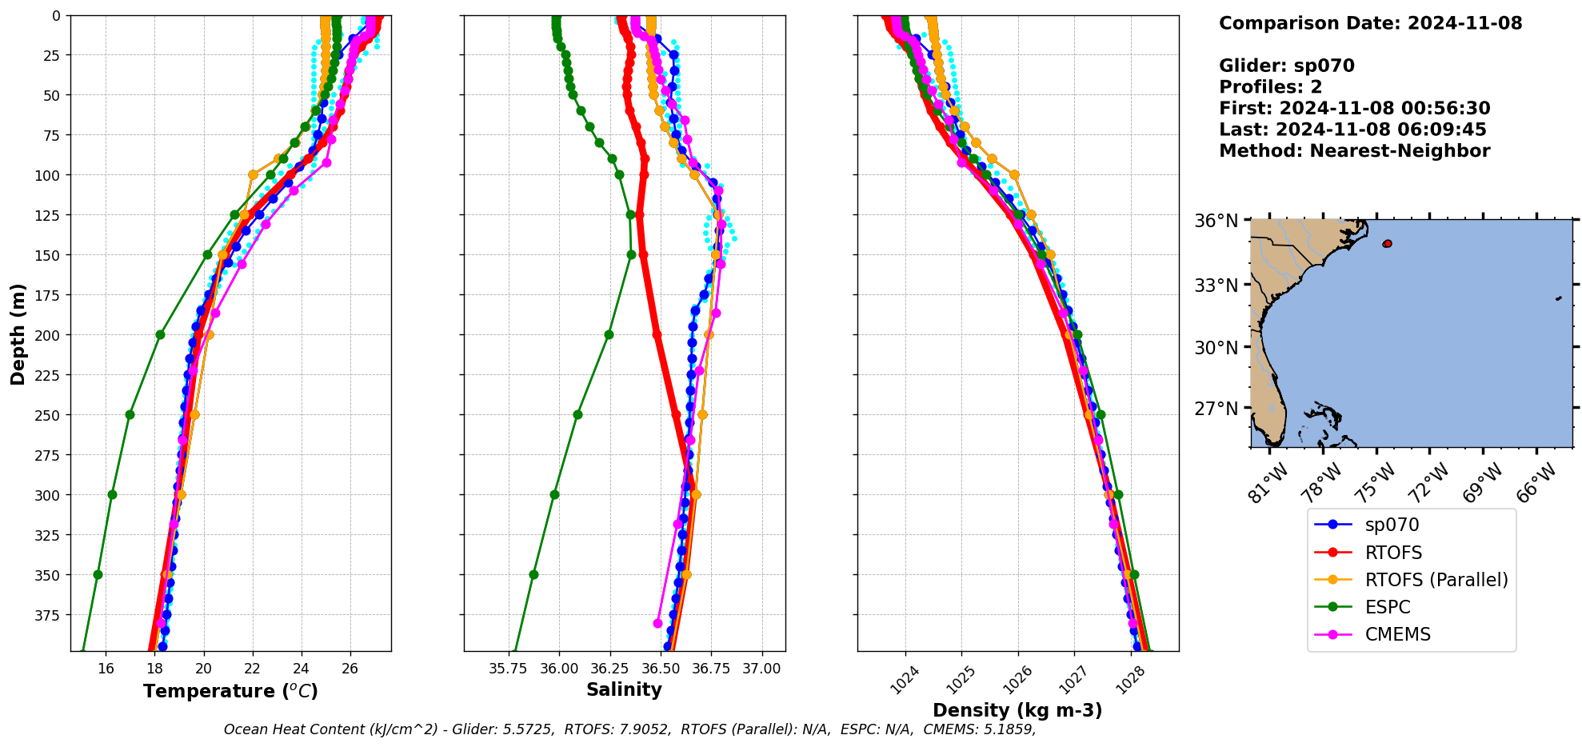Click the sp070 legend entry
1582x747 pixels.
[x=1392, y=525]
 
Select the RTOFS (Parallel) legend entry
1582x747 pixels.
[x=1436, y=580]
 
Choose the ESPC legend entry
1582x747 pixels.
[x=1388, y=607]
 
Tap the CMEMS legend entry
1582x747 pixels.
[x=1397, y=634]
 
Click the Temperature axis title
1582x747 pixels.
[x=230, y=691]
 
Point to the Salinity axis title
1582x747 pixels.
[x=624, y=690]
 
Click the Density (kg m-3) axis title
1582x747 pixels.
[x=1017, y=710]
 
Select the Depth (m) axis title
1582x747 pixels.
[x=18, y=334]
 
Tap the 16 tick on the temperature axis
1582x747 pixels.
[x=106, y=669]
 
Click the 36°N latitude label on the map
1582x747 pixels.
[x=1216, y=221]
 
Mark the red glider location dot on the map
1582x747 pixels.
[x=1387, y=243]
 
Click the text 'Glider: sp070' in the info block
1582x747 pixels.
[x=1286, y=66]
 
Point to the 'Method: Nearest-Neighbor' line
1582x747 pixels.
[x=1354, y=151]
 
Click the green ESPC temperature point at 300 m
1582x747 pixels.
[x=112, y=494]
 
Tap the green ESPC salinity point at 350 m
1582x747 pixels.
[x=533, y=574]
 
